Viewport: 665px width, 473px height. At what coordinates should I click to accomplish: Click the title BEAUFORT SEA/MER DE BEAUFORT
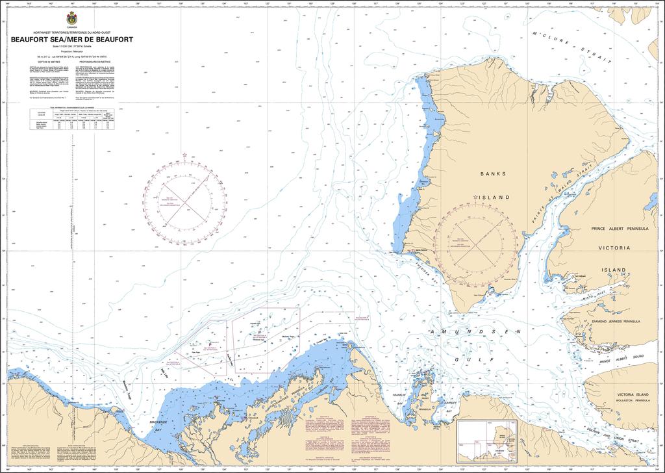(x=71, y=39)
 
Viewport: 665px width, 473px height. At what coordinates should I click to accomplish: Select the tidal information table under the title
(x=71, y=118)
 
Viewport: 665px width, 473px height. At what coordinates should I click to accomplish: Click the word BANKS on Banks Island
(x=493, y=174)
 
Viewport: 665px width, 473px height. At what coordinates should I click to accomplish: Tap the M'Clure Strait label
(x=571, y=48)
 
